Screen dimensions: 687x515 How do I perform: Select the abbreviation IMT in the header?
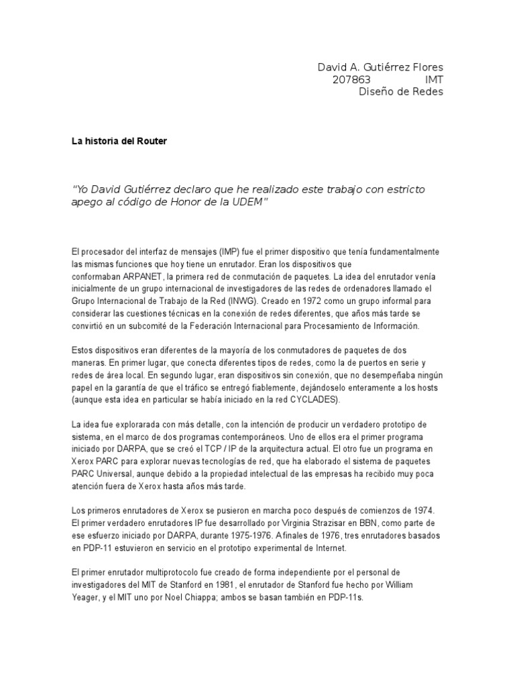click(434, 80)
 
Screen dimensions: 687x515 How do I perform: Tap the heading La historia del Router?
click(119, 142)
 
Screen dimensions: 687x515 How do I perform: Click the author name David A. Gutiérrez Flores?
click(380, 68)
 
